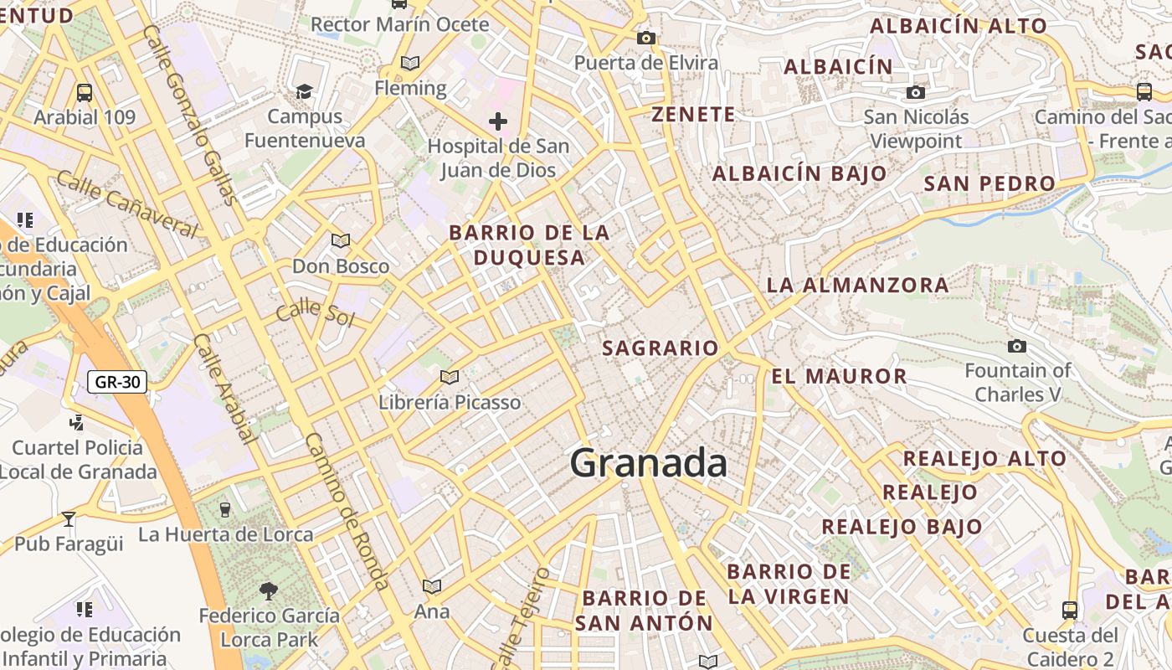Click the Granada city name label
(648, 463)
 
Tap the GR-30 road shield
(117, 383)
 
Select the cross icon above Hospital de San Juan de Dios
(498, 121)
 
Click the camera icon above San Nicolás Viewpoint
(916, 92)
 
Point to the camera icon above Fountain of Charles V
(1017, 346)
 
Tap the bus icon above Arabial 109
(85, 92)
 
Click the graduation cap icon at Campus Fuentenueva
(304, 91)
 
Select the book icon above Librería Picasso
(450, 378)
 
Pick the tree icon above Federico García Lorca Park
(269, 591)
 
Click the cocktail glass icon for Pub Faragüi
(69, 519)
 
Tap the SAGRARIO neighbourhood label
(661, 348)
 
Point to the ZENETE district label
(693, 114)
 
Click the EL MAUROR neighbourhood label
(839, 376)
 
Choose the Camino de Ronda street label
(347, 511)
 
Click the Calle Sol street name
(315, 312)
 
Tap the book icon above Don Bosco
(341, 241)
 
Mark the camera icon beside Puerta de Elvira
(645, 38)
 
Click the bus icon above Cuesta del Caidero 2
(1069, 610)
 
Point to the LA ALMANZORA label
(857, 285)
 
